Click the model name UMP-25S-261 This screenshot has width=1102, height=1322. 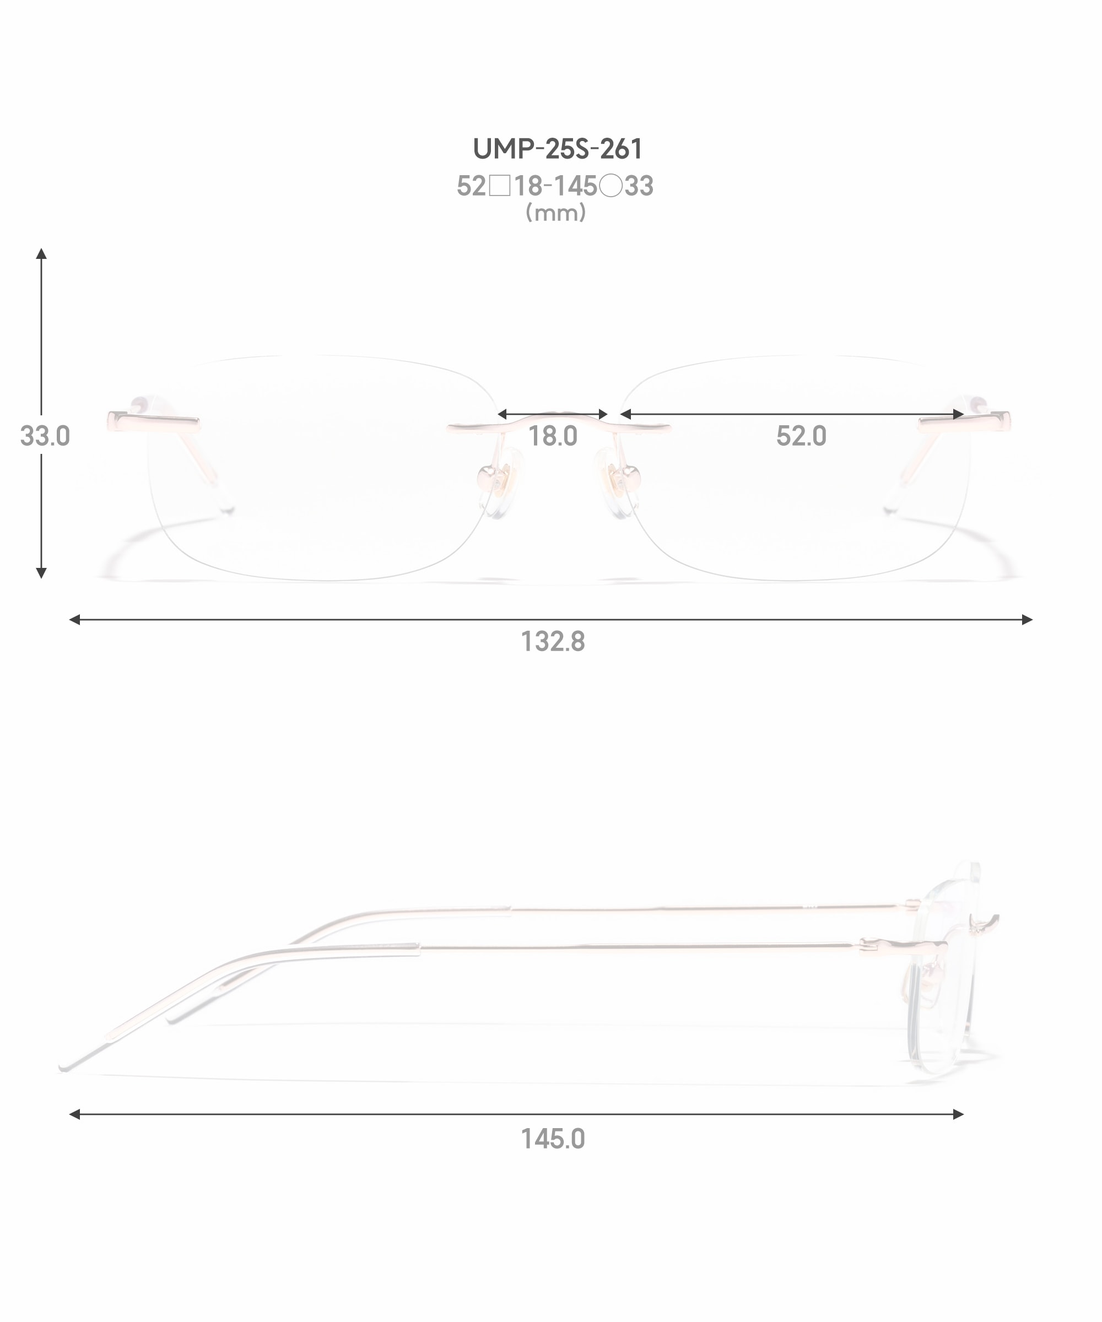557,149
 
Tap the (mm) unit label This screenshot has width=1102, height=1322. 555,213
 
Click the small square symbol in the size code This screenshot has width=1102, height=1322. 499,186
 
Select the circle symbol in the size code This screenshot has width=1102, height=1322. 610,186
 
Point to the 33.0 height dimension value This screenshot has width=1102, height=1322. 45,436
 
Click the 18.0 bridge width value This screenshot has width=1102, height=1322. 552,436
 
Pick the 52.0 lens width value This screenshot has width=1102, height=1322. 801,436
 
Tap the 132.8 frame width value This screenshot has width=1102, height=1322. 552,642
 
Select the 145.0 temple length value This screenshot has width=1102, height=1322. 552,1139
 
